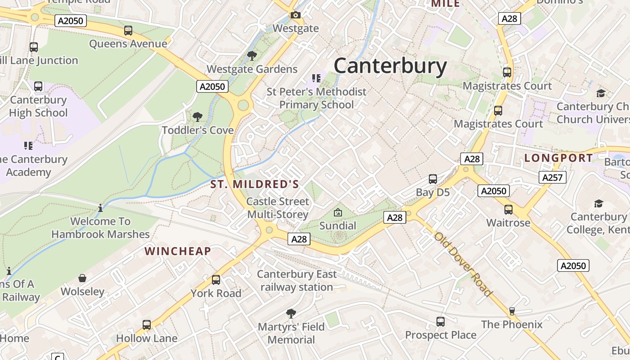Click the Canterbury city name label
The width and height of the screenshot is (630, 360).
tap(390, 66)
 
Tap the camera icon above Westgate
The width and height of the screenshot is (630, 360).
tap(295, 15)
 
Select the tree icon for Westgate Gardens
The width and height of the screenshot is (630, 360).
tap(252, 56)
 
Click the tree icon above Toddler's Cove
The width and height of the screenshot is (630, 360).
tap(197, 117)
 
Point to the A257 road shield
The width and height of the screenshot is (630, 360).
tap(552, 177)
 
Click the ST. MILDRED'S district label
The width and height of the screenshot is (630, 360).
tap(255, 184)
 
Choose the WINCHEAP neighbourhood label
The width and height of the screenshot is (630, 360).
tap(178, 251)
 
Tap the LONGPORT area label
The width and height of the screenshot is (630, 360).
tap(558, 158)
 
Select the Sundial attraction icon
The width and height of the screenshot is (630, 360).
tap(337, 212)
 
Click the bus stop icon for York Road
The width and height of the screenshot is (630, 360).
tap(216, 280)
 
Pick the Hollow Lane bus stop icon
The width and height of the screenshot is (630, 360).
tap(147, 325)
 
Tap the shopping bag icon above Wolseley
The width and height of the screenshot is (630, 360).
tap(82, 278)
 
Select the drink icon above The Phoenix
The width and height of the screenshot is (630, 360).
tap(512, 311)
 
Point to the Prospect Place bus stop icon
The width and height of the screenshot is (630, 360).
tap(441, 322)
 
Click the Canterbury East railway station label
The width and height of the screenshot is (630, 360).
tap(297, 280)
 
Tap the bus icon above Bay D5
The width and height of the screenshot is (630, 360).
tap(433, 179)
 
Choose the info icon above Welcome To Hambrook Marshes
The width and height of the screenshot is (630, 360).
tap(100, 208)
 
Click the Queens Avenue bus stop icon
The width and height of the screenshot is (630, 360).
tap(128, 31)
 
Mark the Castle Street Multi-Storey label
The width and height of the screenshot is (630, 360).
tap(278, 208)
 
